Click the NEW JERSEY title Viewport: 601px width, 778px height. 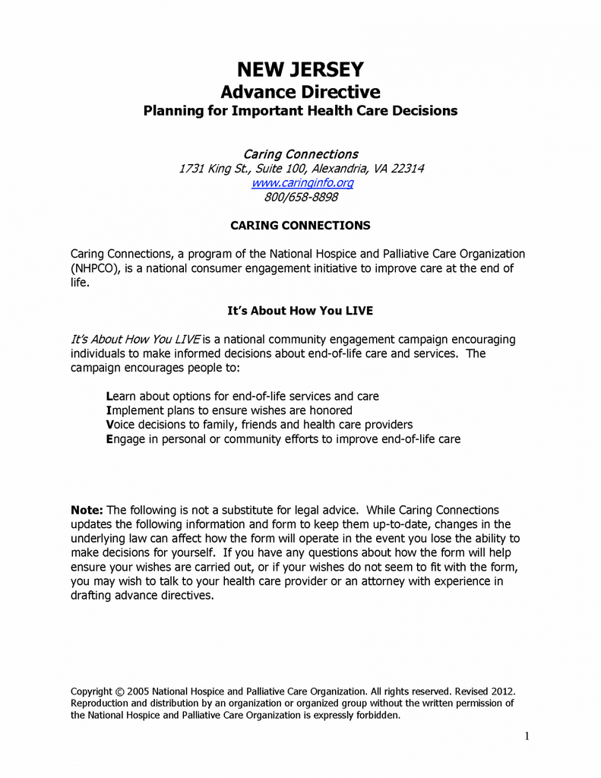(x=300, y=70)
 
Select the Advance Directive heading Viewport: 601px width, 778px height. (x=300, y=93)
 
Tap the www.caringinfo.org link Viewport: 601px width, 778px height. (x=302, y=183)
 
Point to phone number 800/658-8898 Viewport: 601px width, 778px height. (x=301, y=198)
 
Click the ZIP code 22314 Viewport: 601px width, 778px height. (x=407, y=169)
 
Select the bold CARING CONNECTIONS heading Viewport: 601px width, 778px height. (x=300, y=226)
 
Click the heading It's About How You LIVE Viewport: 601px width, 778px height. (x=300, y=311)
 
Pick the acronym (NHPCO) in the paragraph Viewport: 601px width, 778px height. (x=96, y=268)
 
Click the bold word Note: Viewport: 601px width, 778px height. (x=87, y=510)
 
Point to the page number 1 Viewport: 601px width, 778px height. (x=527, y=735)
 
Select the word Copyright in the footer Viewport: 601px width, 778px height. (x=91, y=691)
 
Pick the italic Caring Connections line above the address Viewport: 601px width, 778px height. (x=300, y=154)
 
